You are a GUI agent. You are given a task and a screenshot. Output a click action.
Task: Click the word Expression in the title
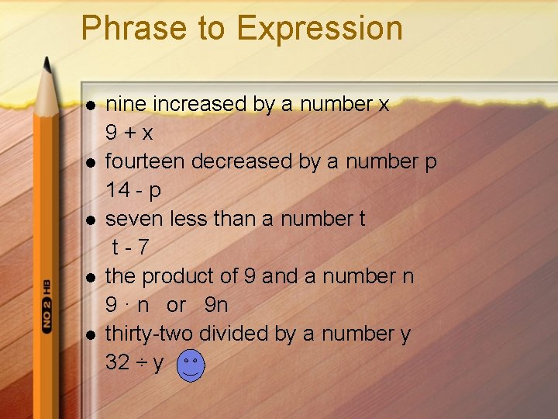click(x=319, y=29)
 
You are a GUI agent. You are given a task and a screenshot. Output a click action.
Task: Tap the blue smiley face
click(x=191, y=365)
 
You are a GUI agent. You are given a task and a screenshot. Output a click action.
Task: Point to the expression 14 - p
click(x=133, y=190)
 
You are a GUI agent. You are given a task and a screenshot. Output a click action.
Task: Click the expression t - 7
click(x=130, y=248)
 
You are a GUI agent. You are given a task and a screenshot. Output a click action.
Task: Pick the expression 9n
click(x=216, y=305)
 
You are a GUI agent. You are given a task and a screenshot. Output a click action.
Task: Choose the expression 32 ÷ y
click(x=134, y=362)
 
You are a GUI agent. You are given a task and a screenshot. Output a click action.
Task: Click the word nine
click(x=127, y=104)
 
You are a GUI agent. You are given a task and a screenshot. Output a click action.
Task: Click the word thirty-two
click(x=149, y=334)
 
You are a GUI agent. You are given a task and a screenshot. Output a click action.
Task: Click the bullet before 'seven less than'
click(x=91, y=220)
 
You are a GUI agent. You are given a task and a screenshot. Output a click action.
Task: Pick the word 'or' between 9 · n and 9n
click(x=176, y=305)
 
